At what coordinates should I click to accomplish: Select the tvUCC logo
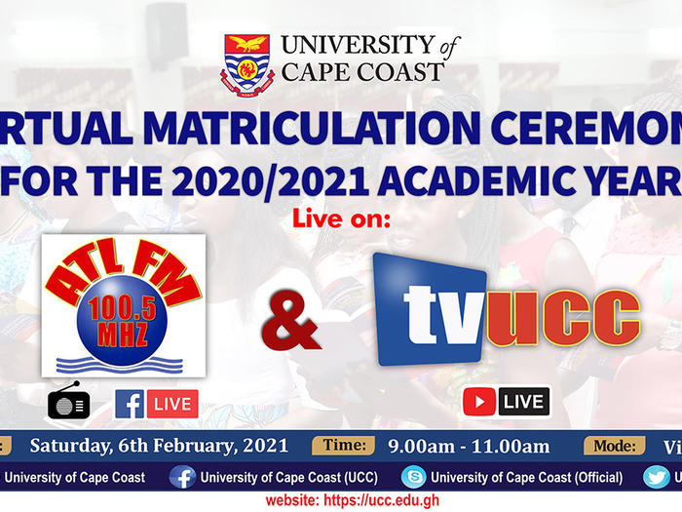coord(506,310)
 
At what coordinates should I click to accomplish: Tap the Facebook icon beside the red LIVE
coord(130,404)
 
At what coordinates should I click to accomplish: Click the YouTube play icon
coord(479,402)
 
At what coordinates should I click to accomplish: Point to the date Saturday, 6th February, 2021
coord(160,447)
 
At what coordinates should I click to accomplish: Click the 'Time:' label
coord(343,446)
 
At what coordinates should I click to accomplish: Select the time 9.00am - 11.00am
coord(468,447)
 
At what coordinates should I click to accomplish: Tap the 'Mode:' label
coord(615,446)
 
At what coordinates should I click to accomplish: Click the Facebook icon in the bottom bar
coord(182,477)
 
